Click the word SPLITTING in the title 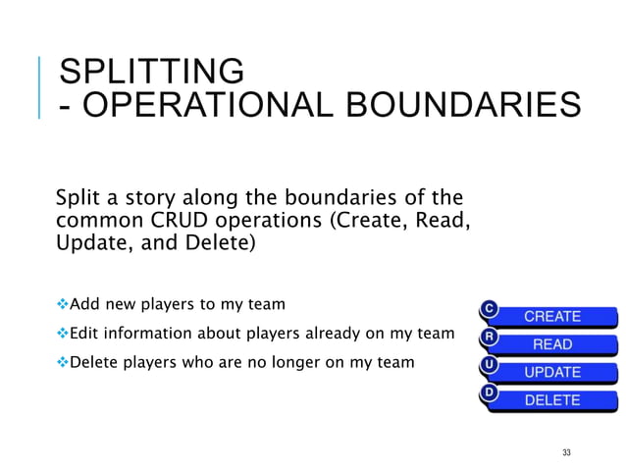(x=151, y=72)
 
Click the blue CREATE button (x=552, y=317)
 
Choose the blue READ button (x=552, y=344)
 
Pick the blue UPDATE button (x=552, y=373)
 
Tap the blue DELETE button (x=552, y=400)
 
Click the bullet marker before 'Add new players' (x=61, y=303)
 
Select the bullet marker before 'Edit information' (x=61, y=333)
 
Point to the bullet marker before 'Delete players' (x=61, y=362)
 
